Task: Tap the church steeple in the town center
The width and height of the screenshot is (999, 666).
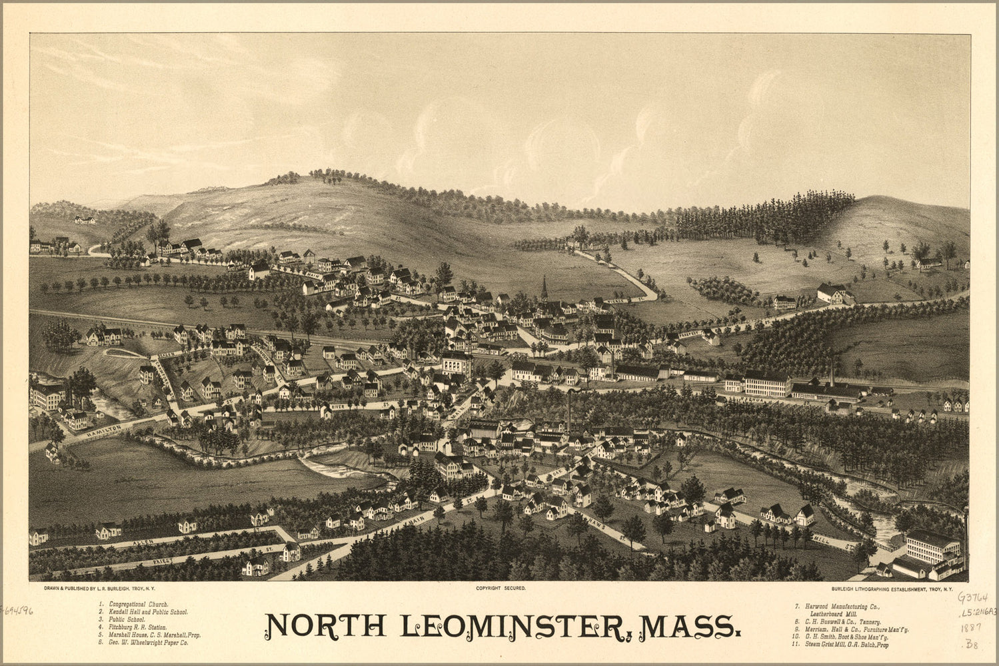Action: point(544,288)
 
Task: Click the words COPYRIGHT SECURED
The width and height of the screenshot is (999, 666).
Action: point(500,589)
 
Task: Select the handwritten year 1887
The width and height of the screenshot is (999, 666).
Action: point(971,627)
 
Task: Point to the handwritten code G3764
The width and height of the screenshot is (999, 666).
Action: point(972,597)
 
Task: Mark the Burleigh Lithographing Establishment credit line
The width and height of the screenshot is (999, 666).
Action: point(892,589)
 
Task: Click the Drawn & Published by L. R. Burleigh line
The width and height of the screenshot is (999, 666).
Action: point(99,589)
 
